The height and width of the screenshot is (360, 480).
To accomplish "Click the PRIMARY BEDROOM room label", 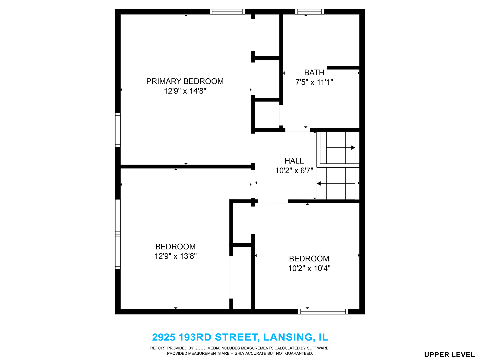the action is click(x=185, y=81).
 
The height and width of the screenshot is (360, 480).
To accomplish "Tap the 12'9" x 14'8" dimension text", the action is click(x=185, y=91).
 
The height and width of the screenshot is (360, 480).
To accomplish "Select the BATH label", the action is click(x=314, y=73).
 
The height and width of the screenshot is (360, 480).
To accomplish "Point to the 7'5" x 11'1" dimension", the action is click(x=314, y=82).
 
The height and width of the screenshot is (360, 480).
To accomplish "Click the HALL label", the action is click(x=294, y=161).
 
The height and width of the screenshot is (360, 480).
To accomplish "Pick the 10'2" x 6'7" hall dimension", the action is click(x=294, y=170).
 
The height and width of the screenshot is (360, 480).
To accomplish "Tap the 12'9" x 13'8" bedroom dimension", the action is click(x=175, y=256).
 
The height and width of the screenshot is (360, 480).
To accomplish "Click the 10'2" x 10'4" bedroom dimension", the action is click(x=309, y=268).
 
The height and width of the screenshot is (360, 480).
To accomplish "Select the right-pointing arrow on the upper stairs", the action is click(x=340, y=148).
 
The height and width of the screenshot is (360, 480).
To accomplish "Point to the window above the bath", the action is click(x=309, y=12).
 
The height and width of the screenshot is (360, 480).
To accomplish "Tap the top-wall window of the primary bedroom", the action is click(x=227, y=12).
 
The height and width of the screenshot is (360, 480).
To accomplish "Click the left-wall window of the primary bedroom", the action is click(x=118, y=130).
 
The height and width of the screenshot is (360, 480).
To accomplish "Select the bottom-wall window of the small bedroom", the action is click(x=323, y=311).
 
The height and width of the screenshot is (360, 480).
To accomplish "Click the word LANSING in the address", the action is click(x=288, y=337).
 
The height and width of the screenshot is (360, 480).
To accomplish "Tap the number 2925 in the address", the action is click(x=164, y=337).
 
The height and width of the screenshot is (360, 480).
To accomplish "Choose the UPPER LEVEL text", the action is click(x=449, y=355).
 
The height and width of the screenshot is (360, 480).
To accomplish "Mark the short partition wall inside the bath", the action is click(x=343, y=68).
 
